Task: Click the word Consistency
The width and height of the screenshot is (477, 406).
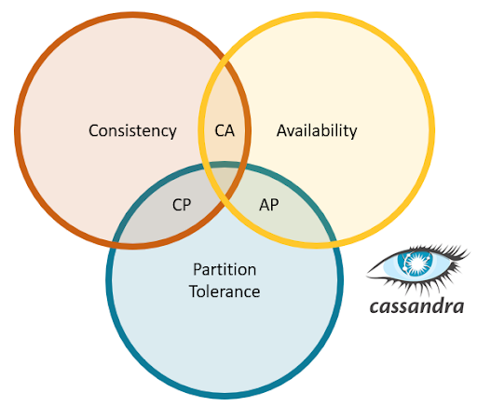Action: point(132,131)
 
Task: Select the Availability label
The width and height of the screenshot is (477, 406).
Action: point(317,131)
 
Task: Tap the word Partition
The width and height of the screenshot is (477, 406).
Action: point(224,270)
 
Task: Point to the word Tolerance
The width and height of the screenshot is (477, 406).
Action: point(224,291)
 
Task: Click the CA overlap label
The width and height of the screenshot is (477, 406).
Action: point(225,131)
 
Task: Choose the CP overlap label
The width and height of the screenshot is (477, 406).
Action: point(183,206)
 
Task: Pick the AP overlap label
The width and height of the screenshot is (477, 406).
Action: point(269,206)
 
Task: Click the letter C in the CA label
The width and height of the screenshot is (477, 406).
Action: point(219,131)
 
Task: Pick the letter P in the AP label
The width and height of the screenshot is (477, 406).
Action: point(275,206)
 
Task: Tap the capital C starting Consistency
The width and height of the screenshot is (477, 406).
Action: point(93,131)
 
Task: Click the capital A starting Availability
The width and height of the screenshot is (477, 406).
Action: point(281,131)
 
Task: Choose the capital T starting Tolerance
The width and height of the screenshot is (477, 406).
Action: point(193,291)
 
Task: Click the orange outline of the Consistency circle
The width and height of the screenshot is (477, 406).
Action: point(19,131)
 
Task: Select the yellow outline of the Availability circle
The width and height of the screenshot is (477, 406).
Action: point(432,131)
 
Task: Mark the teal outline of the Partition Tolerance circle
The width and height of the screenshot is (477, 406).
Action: point(224,395)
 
